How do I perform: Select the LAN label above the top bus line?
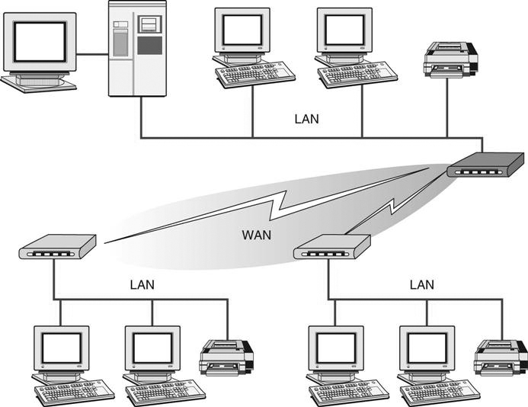coord(306,120)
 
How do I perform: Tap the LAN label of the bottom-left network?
coord(142,285)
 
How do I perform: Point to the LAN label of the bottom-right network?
coord(421,285)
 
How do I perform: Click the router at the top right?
coord(485,165)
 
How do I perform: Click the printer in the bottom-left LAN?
coord(226,356)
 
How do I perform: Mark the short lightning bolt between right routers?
coord(392,210)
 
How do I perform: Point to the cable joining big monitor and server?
coord(92,54)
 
